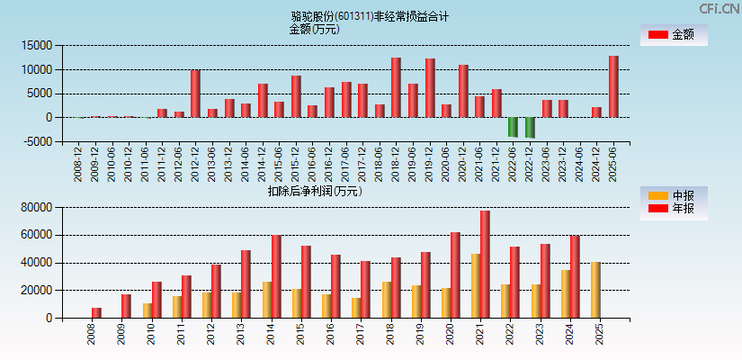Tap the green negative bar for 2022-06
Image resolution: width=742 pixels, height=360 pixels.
point(513,127)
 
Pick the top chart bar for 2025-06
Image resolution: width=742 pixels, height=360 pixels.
point(613,86)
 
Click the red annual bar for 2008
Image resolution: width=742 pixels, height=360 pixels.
point(96,312)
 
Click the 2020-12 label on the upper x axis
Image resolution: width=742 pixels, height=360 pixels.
point(463,162)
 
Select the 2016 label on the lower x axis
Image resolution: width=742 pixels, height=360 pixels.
point(331,335)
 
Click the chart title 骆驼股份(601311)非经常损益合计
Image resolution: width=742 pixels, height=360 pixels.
point(370,16)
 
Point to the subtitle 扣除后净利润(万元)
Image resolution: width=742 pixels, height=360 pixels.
point(315,191)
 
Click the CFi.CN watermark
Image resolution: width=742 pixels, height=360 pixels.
point(719,8)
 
